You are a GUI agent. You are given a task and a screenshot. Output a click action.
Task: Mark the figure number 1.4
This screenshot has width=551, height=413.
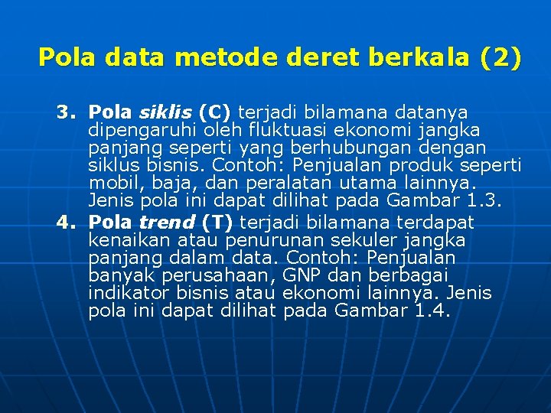[432, 311]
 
